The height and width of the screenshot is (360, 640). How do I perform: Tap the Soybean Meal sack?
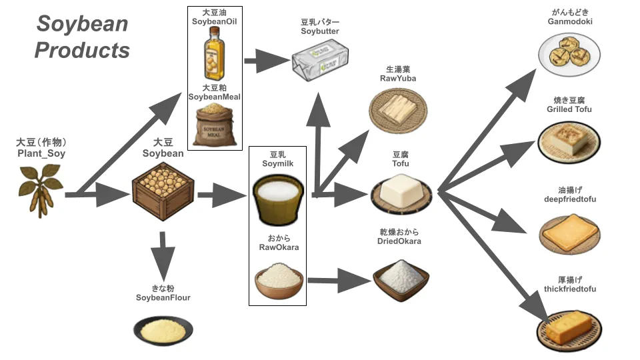point(214,125)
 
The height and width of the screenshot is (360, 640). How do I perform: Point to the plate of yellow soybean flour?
point(163,329)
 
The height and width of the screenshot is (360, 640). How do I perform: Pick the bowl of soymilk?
point(277,199)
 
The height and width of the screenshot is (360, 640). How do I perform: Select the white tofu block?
point(401,194)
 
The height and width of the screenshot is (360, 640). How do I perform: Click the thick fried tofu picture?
point(568,327)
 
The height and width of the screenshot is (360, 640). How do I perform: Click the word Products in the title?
point(82,51)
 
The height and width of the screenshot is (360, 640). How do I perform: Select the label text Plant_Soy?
point(41,154)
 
